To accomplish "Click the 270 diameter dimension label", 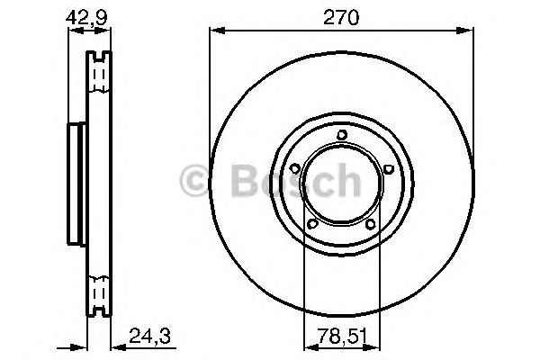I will (341, 16).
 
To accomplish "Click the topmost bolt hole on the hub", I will (341, 136).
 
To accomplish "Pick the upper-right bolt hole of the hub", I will (386, 168).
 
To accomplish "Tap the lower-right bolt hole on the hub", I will (369, 224).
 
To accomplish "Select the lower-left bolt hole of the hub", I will (312, 224).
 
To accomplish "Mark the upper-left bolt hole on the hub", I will (295, 168).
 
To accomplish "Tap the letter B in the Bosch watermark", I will (233, 181).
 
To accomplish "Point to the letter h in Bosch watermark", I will (346, 181).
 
